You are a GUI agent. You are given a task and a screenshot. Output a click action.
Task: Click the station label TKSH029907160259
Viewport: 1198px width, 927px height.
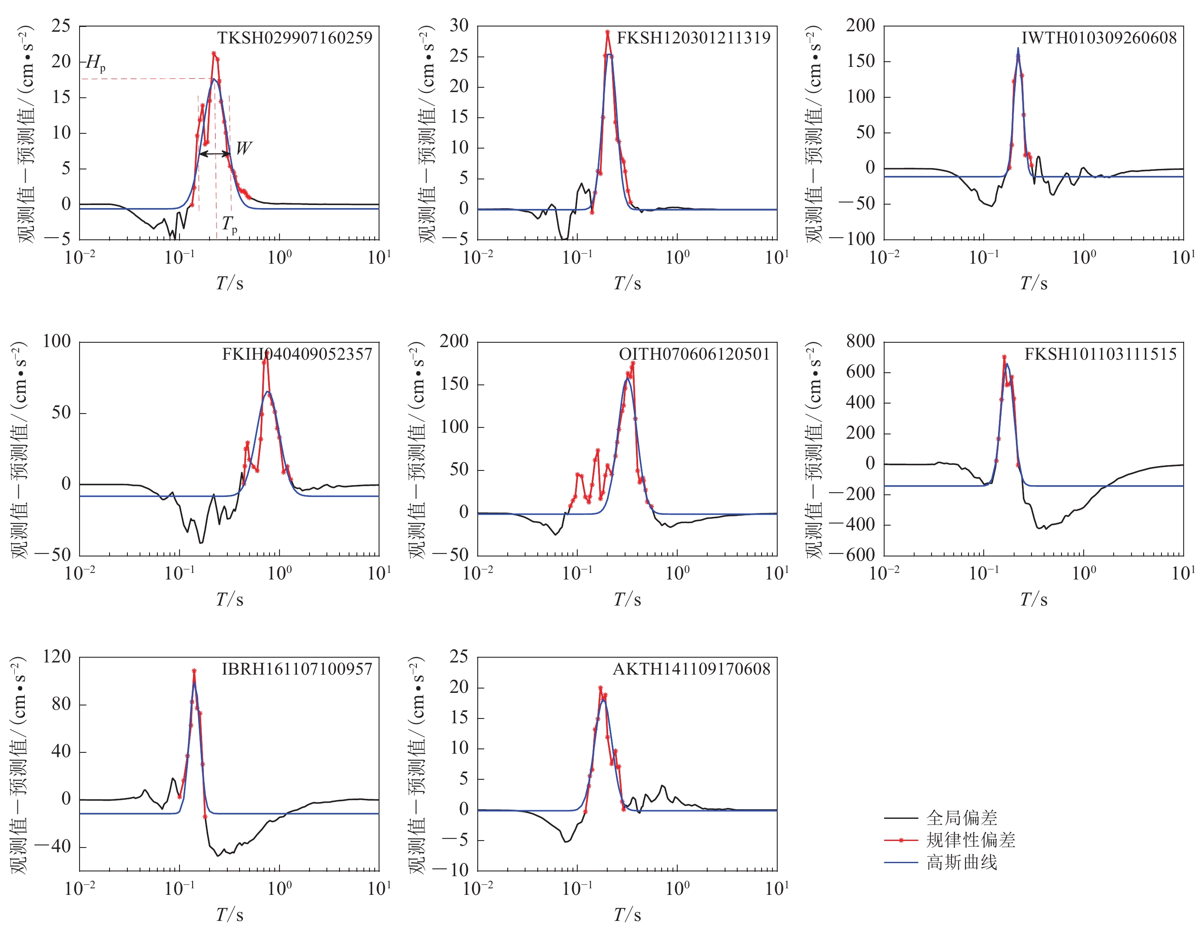coord(295,38)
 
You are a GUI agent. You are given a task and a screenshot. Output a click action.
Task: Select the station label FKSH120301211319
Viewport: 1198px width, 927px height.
coord(693,38)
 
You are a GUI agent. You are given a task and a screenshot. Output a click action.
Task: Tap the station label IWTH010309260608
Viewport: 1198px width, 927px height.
coord(1099,38)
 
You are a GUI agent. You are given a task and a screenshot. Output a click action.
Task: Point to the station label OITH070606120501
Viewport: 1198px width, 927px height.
coord(695,354)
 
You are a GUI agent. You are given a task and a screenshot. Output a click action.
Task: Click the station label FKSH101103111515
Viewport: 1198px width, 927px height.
coord(1100,354)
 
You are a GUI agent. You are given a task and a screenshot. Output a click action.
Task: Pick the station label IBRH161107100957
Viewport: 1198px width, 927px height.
coord(297,669)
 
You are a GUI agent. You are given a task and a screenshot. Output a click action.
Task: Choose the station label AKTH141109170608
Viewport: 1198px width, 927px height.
coord(691,669)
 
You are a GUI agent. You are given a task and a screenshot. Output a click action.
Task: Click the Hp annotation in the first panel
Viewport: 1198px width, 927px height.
coord(96,63)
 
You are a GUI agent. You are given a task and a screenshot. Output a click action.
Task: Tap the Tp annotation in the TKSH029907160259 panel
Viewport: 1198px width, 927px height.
coord(229,224)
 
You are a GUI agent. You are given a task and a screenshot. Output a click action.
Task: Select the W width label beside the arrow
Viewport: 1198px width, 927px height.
coord(243,148)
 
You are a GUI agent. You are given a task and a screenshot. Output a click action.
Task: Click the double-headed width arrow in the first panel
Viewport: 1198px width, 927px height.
coord(214,154)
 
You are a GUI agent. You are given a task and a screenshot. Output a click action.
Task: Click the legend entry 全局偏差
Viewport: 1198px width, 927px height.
coord(962,818)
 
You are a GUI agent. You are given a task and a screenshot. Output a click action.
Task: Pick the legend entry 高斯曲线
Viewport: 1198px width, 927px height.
coord(962,863)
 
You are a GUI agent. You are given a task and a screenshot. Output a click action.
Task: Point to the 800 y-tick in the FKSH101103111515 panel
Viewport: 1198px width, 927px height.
coord(860,341)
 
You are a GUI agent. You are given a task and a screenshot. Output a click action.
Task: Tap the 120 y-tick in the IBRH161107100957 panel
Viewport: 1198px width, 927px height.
coord(57,657)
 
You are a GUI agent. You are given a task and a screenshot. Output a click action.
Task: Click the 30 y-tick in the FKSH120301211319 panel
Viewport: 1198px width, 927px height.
coord(459,26)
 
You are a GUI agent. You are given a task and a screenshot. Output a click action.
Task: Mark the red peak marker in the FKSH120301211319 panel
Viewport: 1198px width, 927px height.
coord(608,32)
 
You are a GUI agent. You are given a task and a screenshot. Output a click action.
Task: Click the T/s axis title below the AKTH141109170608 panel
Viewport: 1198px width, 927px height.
coord(627,914)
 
